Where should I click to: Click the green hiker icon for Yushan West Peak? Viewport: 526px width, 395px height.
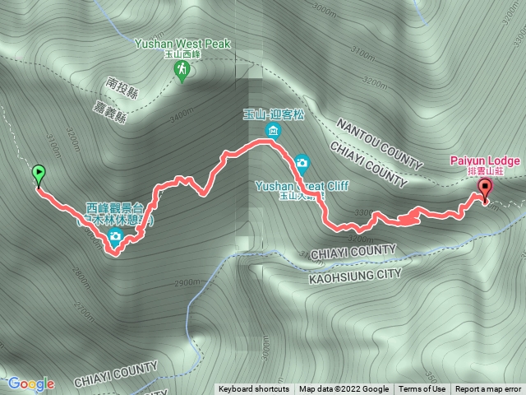tap(181, 73)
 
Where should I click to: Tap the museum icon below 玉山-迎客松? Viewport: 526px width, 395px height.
tap(272, 131)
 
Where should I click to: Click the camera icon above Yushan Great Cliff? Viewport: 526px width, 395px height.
tap(302, 162)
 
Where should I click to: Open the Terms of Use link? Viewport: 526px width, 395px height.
tap(423, 389)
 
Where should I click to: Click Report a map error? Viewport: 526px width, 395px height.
tap(488, 389)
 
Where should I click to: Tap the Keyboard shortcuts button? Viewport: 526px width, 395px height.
tap(253, 389)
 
